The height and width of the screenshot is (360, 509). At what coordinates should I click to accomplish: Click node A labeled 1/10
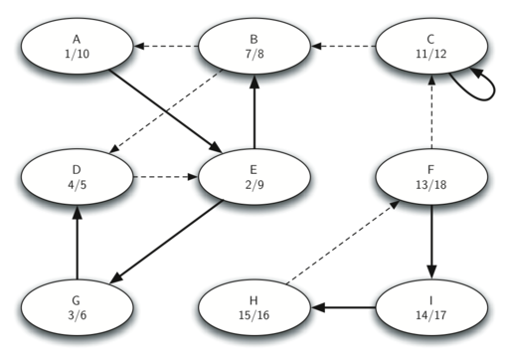coord(77,46)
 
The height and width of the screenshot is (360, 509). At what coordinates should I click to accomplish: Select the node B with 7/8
coord(254,46)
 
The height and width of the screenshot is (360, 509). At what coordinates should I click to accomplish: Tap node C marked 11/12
coord(429,46)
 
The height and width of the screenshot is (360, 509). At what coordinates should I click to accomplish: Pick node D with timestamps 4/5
coord(77,178)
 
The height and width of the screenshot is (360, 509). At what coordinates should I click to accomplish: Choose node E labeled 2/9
coord(254,178)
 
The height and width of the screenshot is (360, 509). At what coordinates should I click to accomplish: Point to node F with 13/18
coord(429,178)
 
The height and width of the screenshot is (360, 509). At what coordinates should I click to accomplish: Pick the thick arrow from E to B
coord(254,112)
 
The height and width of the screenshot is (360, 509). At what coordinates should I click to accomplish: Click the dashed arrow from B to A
coord(165,46)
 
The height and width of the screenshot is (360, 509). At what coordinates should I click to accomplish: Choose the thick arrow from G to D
coord(77,244)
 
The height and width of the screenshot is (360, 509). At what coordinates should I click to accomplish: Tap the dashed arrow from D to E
coord(165,178)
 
